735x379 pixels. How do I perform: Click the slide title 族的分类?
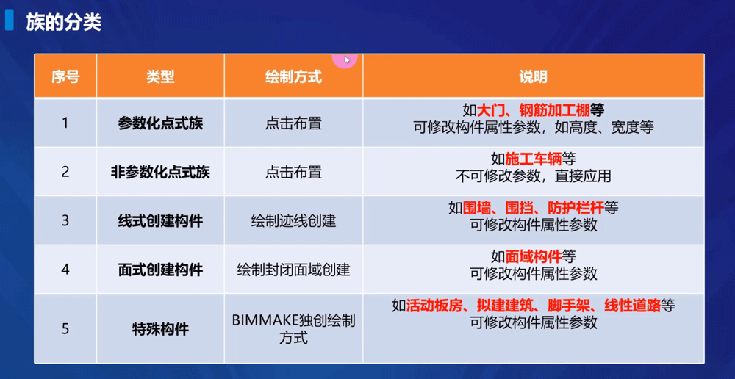(63, 22)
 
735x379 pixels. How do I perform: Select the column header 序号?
(65, 76)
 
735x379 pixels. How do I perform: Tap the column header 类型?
(160, 76)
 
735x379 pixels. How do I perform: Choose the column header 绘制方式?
(293, 76)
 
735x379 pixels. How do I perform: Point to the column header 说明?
(533, 76)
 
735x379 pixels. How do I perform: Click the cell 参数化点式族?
(160, 123)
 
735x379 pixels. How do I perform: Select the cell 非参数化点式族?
(160, 173)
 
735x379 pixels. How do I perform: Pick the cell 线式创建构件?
(160, 221)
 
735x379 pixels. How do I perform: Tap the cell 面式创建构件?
(160, 270)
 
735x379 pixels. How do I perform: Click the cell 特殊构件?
(160, 328)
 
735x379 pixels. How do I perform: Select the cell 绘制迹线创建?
(293, 221)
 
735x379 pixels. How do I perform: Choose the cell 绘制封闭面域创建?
(293, 270)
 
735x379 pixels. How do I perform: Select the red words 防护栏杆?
(577, 208)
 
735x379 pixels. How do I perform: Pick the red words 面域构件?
(533, 256)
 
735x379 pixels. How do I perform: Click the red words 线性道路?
(632, 306)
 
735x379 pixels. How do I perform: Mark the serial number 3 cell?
(65, 221)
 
